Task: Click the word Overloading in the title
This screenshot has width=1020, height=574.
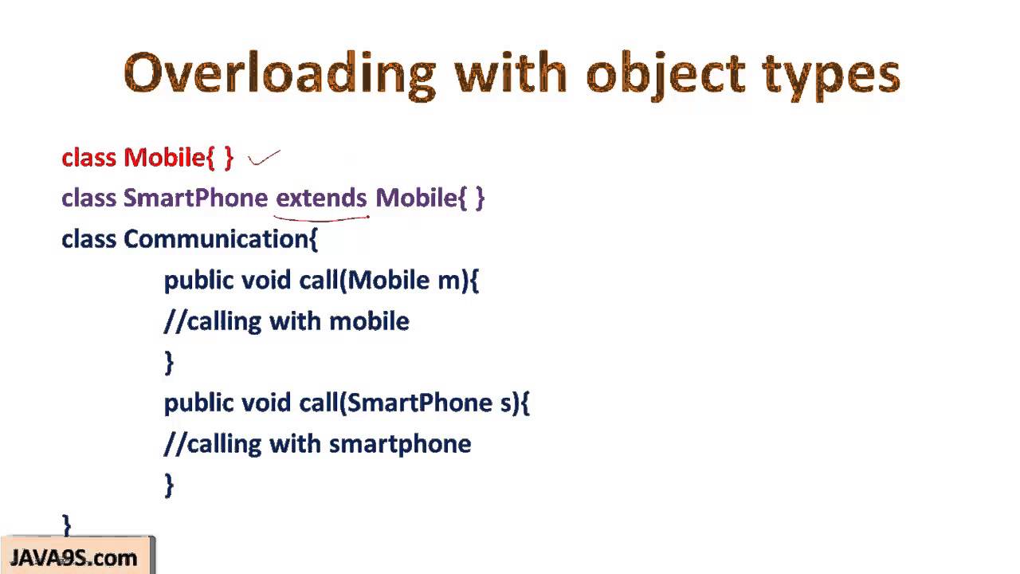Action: tap(280, 74)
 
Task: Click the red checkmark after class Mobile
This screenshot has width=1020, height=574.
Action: tap(264, 158)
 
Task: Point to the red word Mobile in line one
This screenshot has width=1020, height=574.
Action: tap(164, 158)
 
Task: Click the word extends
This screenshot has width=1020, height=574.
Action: tap(321, 198)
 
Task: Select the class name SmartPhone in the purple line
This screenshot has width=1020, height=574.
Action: tap(195, 198)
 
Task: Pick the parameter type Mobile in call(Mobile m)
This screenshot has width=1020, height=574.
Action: tap(386, 280)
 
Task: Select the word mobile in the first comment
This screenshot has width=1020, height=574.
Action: tap(369, 321)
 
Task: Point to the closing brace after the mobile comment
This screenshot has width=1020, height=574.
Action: tap(168, 363)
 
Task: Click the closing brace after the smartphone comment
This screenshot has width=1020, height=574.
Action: tap(168, 485)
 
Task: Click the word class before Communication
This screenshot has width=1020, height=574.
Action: tap(89, 239)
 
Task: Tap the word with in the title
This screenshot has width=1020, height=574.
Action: tap(510, 74)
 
